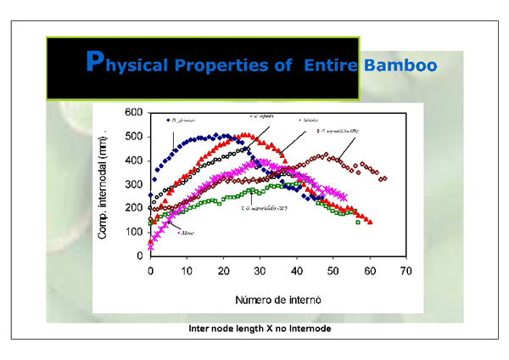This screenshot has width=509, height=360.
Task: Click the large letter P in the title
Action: click(97, 62)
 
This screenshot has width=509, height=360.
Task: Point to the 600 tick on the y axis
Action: click(133, 113)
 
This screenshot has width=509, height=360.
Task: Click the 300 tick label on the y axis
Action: click(133, 184)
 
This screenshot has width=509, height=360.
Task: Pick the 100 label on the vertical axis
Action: click(133, 232)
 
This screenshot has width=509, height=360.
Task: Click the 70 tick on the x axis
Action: click(406, 271)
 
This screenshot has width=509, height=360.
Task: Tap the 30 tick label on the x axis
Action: click(260, 271)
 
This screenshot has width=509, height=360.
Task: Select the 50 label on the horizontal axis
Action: click(333, 271)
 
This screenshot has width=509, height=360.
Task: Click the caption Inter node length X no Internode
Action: click(254, 327)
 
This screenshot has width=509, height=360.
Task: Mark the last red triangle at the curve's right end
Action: click(370, 222)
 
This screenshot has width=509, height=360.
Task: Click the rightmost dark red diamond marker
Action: click(384, 178)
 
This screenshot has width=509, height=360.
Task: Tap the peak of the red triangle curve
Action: click(246, 134)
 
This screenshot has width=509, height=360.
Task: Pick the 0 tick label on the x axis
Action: click(150, 271)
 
